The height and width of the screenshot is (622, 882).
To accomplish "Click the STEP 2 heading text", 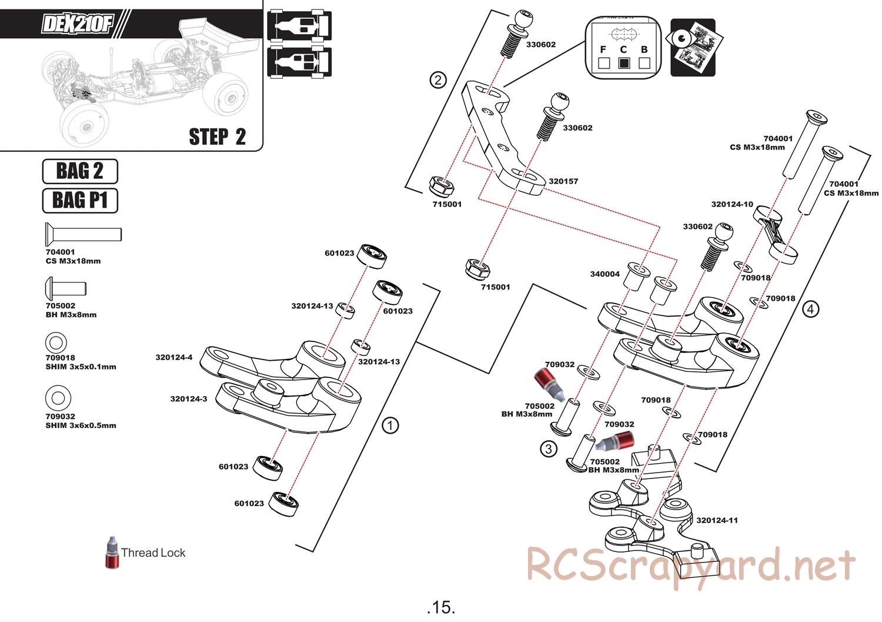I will (x=217, y=137).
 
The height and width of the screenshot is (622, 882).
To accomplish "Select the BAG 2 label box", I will (x=80, y=171).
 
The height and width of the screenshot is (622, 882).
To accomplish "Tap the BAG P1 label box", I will (x=80, y=200).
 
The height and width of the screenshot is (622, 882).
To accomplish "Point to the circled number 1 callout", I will (x=390, y=425).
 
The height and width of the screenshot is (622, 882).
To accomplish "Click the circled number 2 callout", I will (x=437, y=79).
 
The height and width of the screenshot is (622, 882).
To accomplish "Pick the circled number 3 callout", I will (x=548, y=449).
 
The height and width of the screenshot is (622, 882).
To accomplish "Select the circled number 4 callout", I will (x=810, y=308).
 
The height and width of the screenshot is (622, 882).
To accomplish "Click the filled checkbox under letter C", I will (x=624, y=63).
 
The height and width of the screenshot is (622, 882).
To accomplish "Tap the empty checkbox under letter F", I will (x=603, y=63).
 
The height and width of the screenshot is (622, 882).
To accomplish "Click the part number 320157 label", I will (x=563, y=181).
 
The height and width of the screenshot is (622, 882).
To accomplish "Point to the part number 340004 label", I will (x=604, y=274).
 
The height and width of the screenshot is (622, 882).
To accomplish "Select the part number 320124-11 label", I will (x=717, y=520).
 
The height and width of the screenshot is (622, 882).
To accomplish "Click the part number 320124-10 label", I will (x=731, y=204).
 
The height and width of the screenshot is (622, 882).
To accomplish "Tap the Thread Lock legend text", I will (x=153, y=553).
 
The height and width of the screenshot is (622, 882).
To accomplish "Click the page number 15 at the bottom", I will (x=442, y=607).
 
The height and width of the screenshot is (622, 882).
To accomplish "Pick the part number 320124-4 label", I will (x=173, y=357).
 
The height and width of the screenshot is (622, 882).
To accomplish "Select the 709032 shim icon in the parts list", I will (x=58, y=398).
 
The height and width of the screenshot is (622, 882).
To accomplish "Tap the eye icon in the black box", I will (x=682, y=38).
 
